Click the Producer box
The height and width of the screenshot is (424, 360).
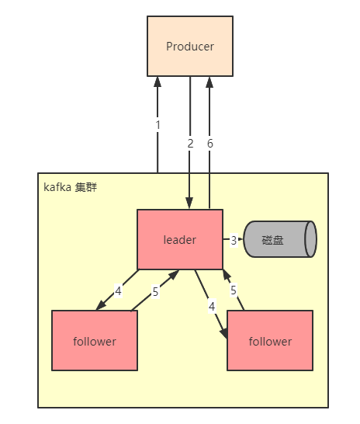tap(190, 47)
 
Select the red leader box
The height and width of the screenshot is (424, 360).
tap(179, 239)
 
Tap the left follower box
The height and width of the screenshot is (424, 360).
tap(94, 340)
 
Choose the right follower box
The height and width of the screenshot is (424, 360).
tap(269, 340)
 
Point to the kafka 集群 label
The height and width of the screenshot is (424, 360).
tap(70, 188)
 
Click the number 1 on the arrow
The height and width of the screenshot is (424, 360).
tap(157, 124)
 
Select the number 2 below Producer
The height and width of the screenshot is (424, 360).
tap(190, 143)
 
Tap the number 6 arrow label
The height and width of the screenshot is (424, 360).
tap(209, 143)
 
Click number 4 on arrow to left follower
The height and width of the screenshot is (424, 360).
tap(118, 290)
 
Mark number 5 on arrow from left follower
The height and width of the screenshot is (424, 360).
tap(154, 292)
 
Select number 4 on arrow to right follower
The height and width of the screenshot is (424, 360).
tap(211, 306)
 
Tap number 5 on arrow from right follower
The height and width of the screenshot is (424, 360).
tap(234, 290)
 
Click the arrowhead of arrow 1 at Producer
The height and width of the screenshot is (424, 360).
tap(157, 82)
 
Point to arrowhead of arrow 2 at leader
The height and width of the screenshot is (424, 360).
tap(190, 203)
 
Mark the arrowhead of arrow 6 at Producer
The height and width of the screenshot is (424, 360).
tap(209, 82)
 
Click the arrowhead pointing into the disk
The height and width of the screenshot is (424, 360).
tap(241, 239)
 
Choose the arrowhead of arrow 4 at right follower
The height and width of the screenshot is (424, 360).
tap(224, 335)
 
